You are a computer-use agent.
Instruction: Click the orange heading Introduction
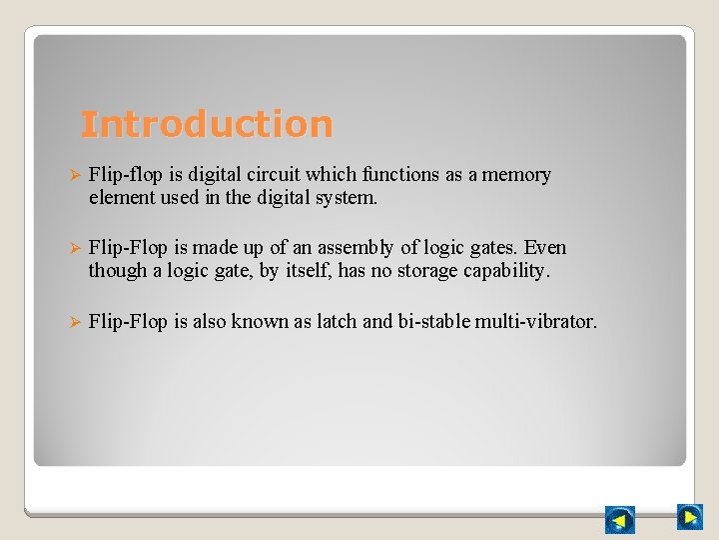pyautogui.click(x=206, y=124)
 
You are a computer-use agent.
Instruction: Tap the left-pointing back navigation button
pyautogui.click(x=619, y=520)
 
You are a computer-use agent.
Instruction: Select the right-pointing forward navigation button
pyautogui.click(x=689, y=516)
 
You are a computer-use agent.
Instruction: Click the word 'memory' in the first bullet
pyautogui.click(x=516, y=175)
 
